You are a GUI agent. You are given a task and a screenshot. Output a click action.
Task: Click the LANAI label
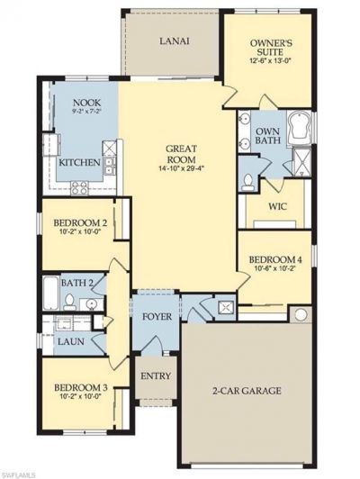tap(173, 41)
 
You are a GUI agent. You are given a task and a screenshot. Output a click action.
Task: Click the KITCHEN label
tap(79, 164)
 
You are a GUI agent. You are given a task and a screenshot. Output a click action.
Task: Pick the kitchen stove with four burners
tap(79, 186)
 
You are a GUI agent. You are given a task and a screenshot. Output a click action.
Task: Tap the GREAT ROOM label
tap(181, 153)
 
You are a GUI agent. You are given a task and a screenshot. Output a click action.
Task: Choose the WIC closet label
tap(277, 206)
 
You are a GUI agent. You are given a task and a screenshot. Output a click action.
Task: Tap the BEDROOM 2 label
tap(80, 223)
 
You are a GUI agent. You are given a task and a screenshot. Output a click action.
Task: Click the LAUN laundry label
tap(70, 343)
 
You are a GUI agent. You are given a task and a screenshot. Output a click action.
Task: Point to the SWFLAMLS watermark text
tap(20, 473)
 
